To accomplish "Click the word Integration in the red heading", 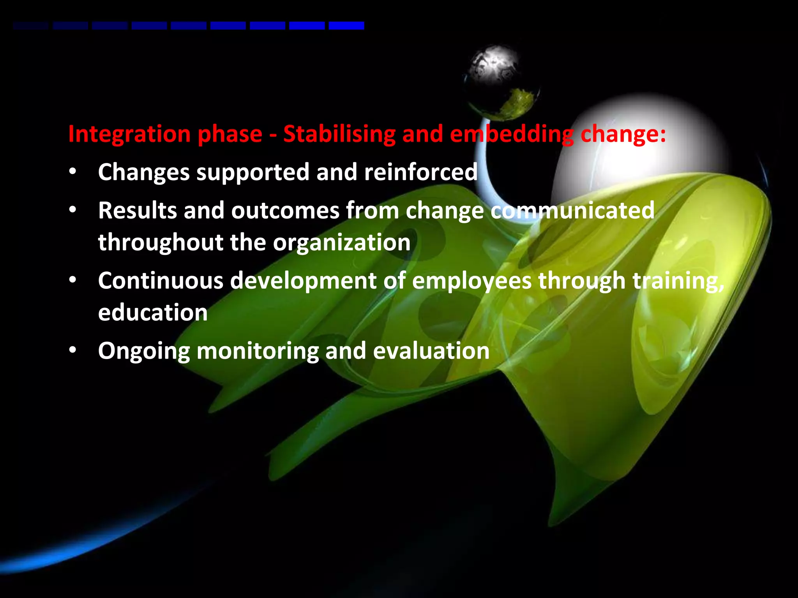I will [x=129, y=134].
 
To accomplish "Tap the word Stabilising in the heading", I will [x=339, y=134].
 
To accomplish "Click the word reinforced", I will [x=420, y=172].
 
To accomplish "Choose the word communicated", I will [x=572, y=211].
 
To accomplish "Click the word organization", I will [x=341, y=243].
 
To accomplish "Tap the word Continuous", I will [x=160, y=281].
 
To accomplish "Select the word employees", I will [x=471, y=281].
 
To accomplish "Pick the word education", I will [x=153, y=313].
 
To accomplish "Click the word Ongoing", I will [x=144, y=352].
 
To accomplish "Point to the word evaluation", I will [x=431, y=351].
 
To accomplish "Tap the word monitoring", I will [x=258, y=352].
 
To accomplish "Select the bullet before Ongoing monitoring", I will [x=72, y=350].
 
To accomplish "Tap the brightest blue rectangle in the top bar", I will [x=346, y=26].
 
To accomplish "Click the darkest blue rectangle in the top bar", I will [x=30, y=26].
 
